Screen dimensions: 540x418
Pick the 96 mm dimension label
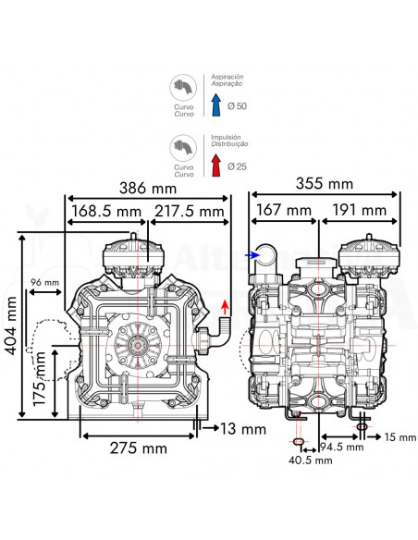(x=44, y=281)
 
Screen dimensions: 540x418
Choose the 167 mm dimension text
(x=284, y=211)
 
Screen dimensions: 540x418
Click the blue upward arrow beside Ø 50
(x=215, y=107)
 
